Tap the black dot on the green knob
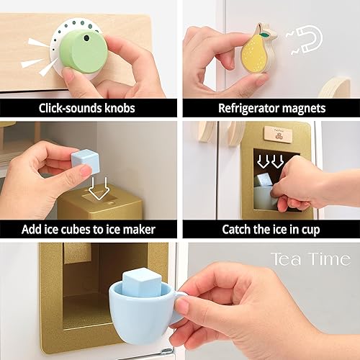(86, 36)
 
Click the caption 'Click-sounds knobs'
(88, 108)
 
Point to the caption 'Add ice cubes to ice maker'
(88, 230)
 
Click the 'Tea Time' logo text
(310, 260)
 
